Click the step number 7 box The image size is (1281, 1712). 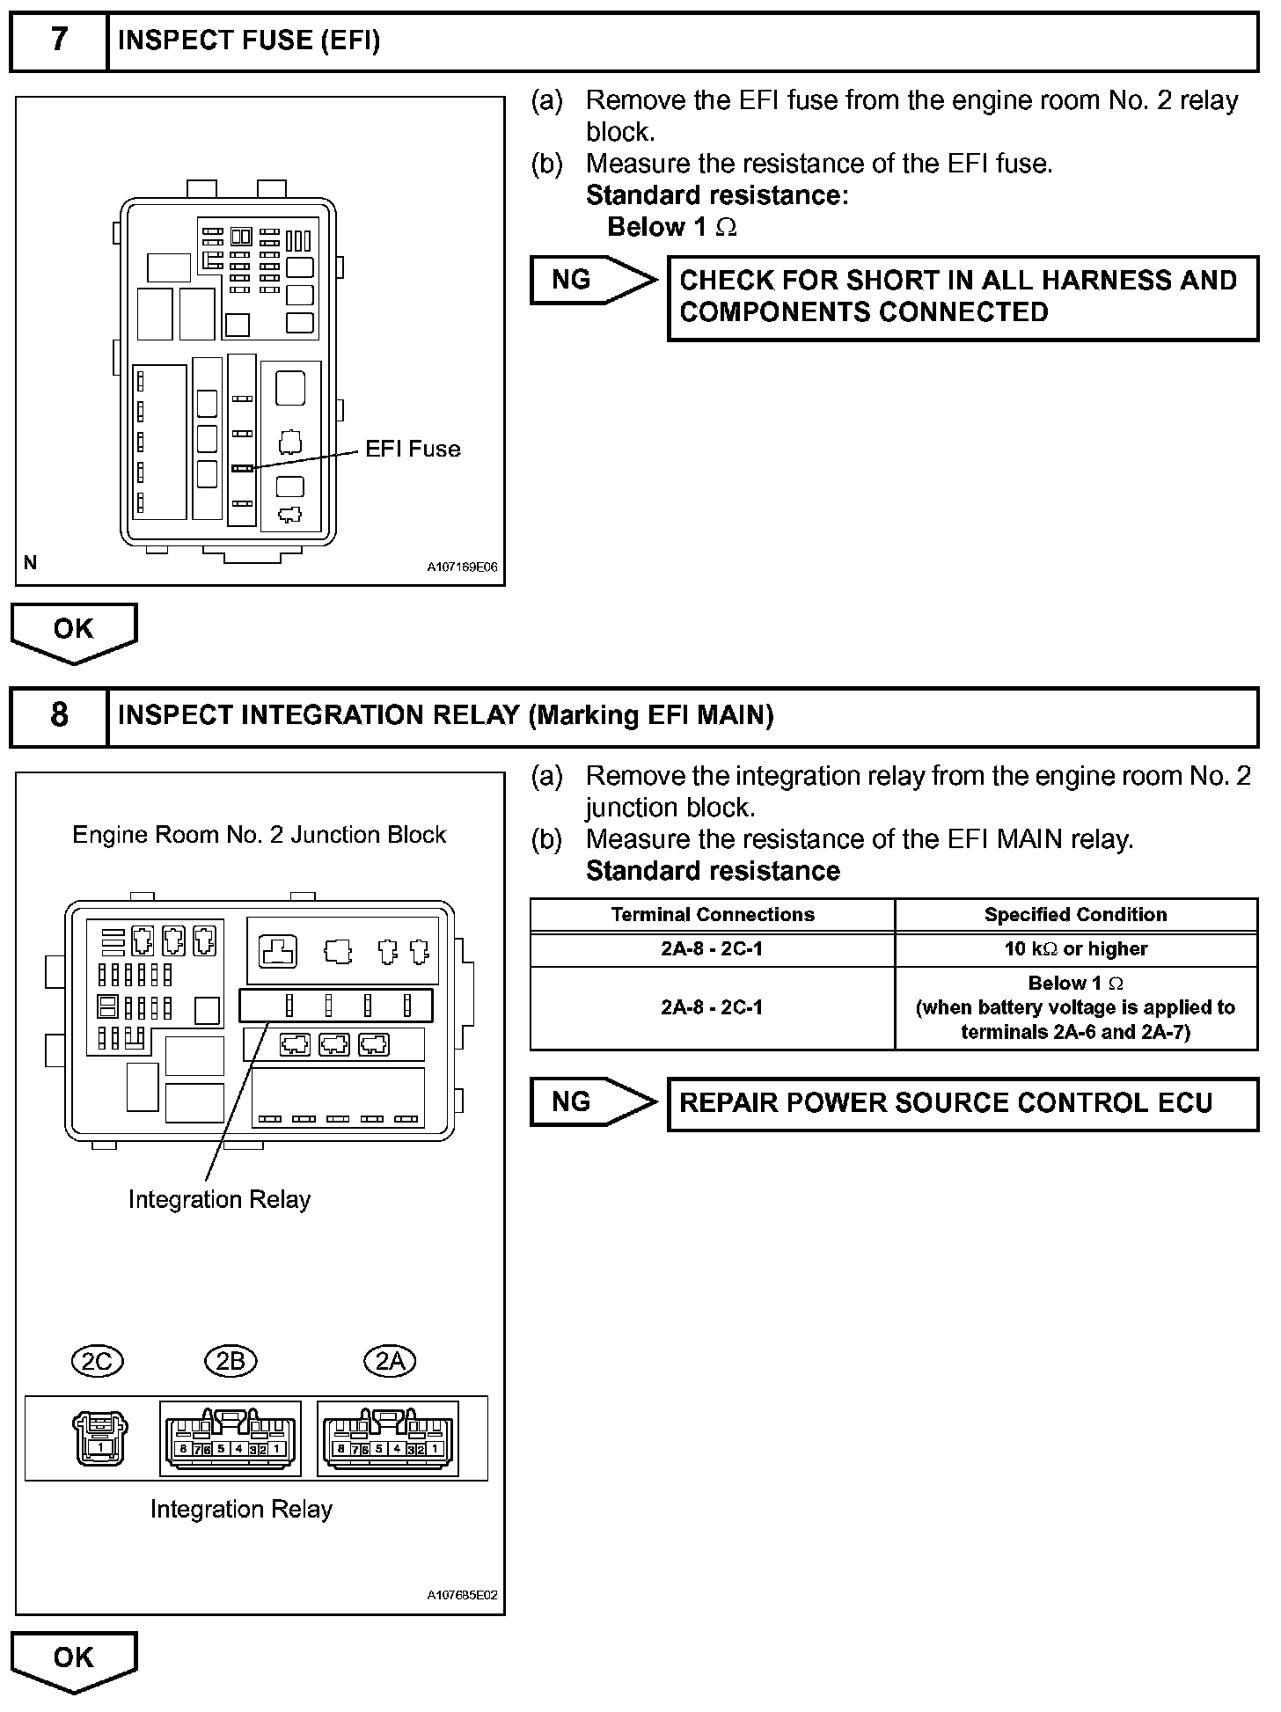(x=59, y=40)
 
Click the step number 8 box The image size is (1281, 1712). (x=59, y=715)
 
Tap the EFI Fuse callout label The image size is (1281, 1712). (x=413, y=450)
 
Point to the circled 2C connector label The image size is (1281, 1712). (x=97, y=1361)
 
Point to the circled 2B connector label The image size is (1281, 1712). (x=231, y=1361)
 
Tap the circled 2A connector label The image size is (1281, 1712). (x=390, y=1361)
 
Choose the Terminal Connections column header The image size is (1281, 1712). (x=713, y=915)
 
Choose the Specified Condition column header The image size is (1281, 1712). (x=1075, y=915)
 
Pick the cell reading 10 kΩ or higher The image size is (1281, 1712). (x=1075, y=949)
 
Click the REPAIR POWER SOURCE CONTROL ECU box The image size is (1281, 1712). (x=963, y=1104)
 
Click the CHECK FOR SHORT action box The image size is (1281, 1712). (x=963, y=297)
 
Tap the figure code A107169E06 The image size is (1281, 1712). (x=462, y=568)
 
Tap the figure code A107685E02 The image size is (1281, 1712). (x=462, y=1595)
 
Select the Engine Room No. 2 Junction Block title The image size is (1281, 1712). (x=260, y=835)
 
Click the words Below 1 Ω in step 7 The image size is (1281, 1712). (x=672, y=228)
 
